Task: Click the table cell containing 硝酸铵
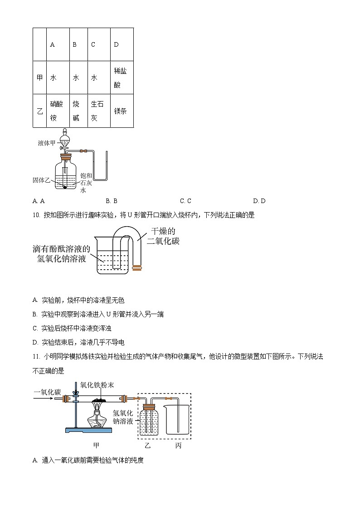point(58,111)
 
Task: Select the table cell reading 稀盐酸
point(121,78)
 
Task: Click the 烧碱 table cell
point(76,111)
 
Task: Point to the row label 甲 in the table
point(39,78)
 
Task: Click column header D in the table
point(117,44)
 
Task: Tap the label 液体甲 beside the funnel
point(47,143)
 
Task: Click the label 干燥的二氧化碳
point(163,236)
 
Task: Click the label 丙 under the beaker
point(178,446)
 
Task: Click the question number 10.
point(36,215)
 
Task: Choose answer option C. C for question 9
point(185,201)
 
